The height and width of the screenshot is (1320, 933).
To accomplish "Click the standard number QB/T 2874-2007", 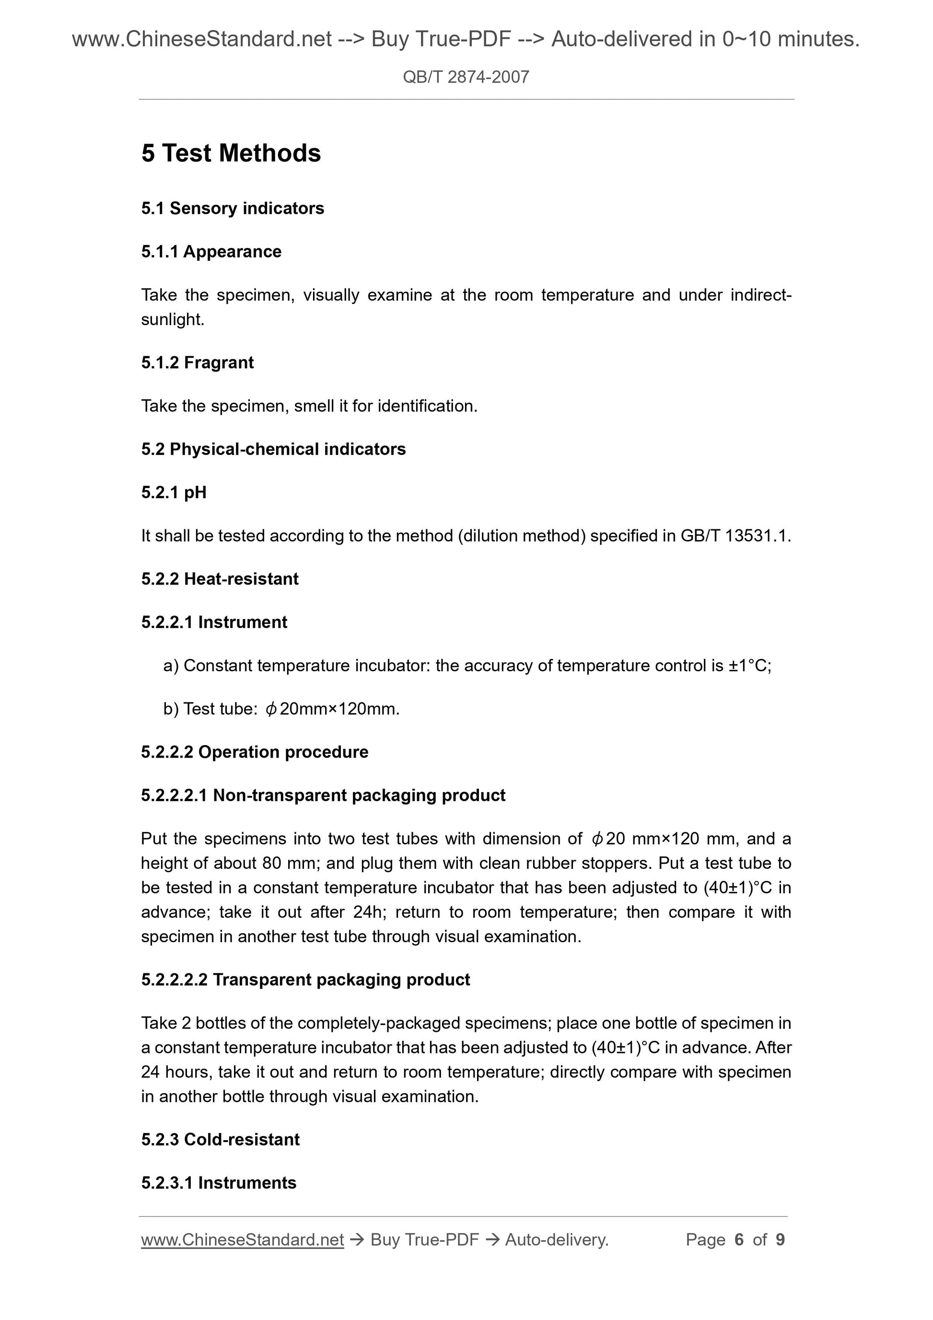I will [x=466, y=77].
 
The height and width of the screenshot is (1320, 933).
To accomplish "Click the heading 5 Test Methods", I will [x=231, y=153].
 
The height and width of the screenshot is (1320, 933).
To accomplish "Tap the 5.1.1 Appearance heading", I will [x=211, y=252].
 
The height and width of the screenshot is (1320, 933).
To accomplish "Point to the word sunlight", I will [x=172, y=320].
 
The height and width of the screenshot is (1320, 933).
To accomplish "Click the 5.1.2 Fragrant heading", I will [x=197, y=363].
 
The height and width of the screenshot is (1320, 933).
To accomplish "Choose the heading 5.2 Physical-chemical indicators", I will [x=273, y=449].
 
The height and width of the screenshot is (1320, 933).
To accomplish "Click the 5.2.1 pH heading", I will [x=174, y=493].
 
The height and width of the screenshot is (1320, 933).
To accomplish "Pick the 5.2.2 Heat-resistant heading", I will [x=220, y=579].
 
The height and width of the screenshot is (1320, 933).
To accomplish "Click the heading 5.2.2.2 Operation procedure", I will [x=254, y=752].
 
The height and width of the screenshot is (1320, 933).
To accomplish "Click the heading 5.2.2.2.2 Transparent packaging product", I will [x=305, y=980].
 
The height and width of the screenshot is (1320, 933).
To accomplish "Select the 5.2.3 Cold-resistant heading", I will [x=220, y=1140].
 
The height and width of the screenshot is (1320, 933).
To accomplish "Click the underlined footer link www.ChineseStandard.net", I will [x=242, y=1240].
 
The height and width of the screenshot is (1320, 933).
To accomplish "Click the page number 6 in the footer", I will [x=739, y=1240].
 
